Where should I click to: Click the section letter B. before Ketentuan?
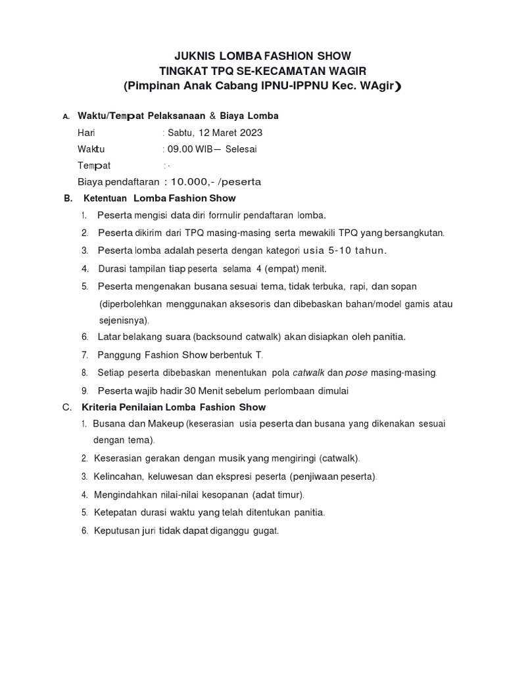tap(67, 198)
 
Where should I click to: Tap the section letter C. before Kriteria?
tap(67, 407)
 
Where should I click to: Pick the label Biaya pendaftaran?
tap(118, 181)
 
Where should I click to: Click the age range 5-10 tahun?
tap(355, 250)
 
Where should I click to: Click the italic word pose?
tap(356, 373)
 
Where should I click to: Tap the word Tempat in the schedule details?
tap(95, 165)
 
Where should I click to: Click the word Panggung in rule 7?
tap(119, 355)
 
